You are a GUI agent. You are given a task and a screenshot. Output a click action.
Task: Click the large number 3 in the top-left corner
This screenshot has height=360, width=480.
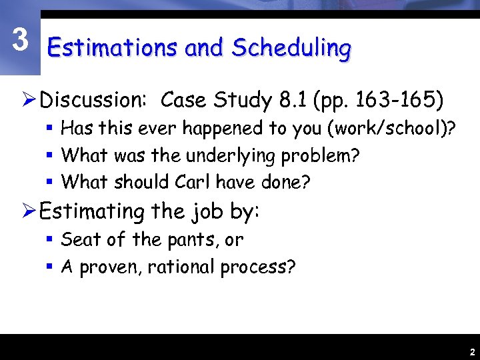coord(21,40)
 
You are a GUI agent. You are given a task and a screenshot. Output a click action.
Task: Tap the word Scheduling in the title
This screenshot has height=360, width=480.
coord(291,49)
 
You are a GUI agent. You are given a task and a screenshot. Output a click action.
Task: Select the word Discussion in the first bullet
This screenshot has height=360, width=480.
coord(93,101)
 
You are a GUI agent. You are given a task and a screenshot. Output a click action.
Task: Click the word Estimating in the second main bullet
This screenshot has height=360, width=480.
coord(93,212)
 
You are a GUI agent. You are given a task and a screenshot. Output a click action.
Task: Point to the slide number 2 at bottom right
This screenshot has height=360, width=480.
coord(471,351)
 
